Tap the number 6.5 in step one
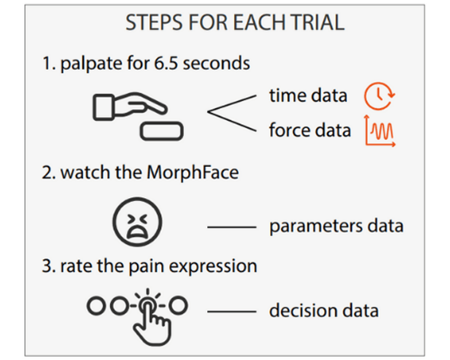pyautogui.click(x=166, y=63)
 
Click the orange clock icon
pyautogui.click(x=379, y=96)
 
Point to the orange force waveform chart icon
pyautogui.click(x=380, y=131)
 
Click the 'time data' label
pyautogui.click(x=308, y=96)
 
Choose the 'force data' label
pyautogui.click(x=310, y=130)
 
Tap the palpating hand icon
pyautogui.click(x=130, y=106)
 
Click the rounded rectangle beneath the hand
pyautogui.click(x=162, y=131)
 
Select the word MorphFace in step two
pyautogui.click(x=193, y=172)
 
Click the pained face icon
pyautogui.click(x=137, y=222)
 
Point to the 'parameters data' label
pyautogui.click(x=336, y=226)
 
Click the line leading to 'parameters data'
pyautogui.click(x=232, y=227)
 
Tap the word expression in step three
pyautogui.click(x=213, y=267)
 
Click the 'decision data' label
pyautogui.click(x=324, y=311)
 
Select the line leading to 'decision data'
pyautogui.click(x=232, y=312)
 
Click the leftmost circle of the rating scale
pyautogui.click(x=96, y=306)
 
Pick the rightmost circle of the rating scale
pyautogui.click(x=178, y=305)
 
